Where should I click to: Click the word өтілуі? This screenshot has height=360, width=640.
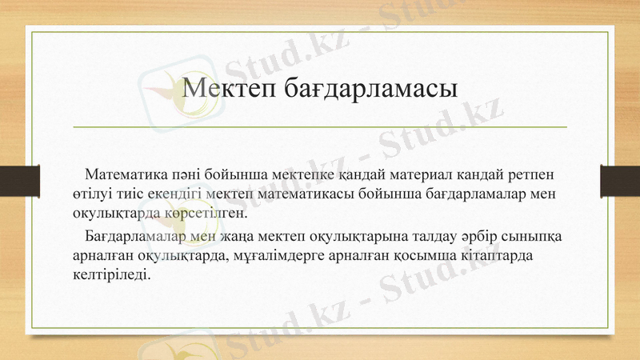tap(84, 194)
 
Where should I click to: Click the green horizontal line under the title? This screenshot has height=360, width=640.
tap(320, 127)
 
